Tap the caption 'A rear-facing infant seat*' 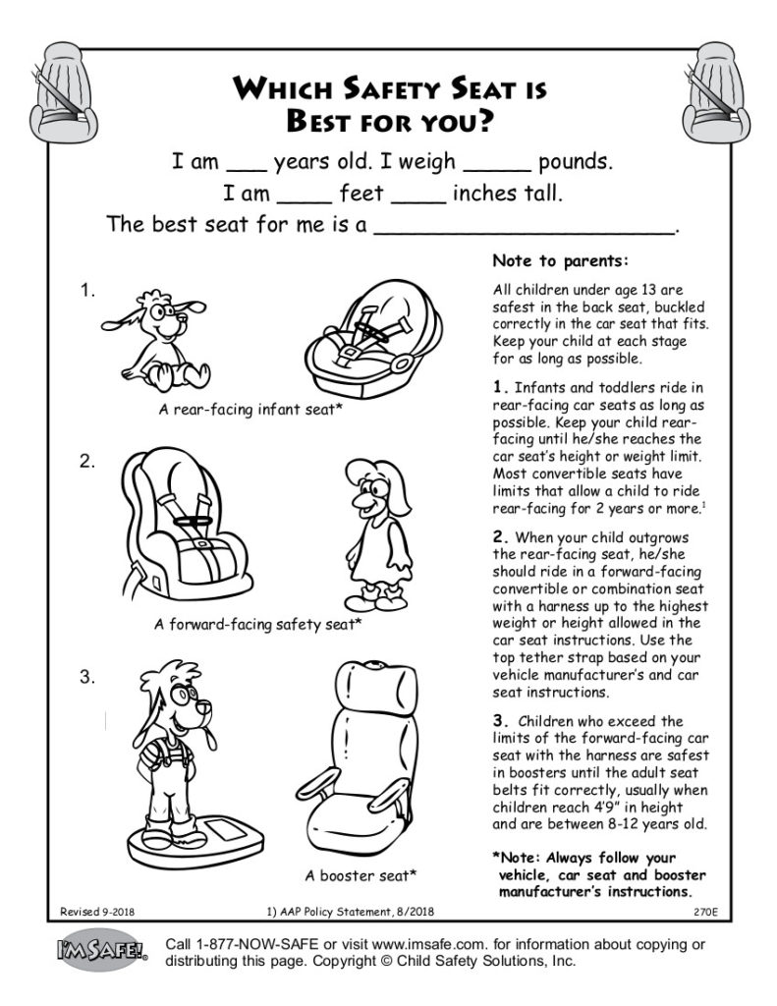pos(250,409)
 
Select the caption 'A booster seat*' pos(361,874)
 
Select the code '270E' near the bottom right pos(704,912)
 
